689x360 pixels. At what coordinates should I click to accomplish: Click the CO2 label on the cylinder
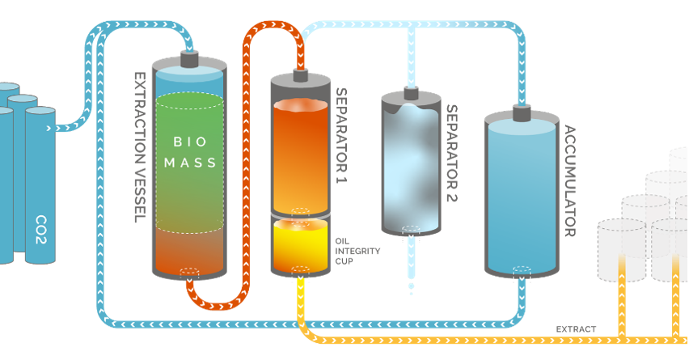tap(40, 223)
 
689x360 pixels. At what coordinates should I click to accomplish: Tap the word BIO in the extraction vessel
tap(189, 141)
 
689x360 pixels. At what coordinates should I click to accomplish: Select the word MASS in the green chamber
tap(190, 163)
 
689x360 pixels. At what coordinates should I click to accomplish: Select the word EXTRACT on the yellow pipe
tap(575, 329)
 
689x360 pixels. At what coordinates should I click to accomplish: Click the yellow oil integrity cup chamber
tap(300, 243)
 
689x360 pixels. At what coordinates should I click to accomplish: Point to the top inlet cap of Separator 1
tap(301, 74)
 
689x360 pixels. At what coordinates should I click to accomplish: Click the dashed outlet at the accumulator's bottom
tap(520, 272)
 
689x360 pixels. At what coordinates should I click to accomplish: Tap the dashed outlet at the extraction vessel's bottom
tap(190, 272)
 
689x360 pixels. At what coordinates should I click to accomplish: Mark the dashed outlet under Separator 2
tap(412, 231)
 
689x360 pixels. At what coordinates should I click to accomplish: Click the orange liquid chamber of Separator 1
tap(300, 154)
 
